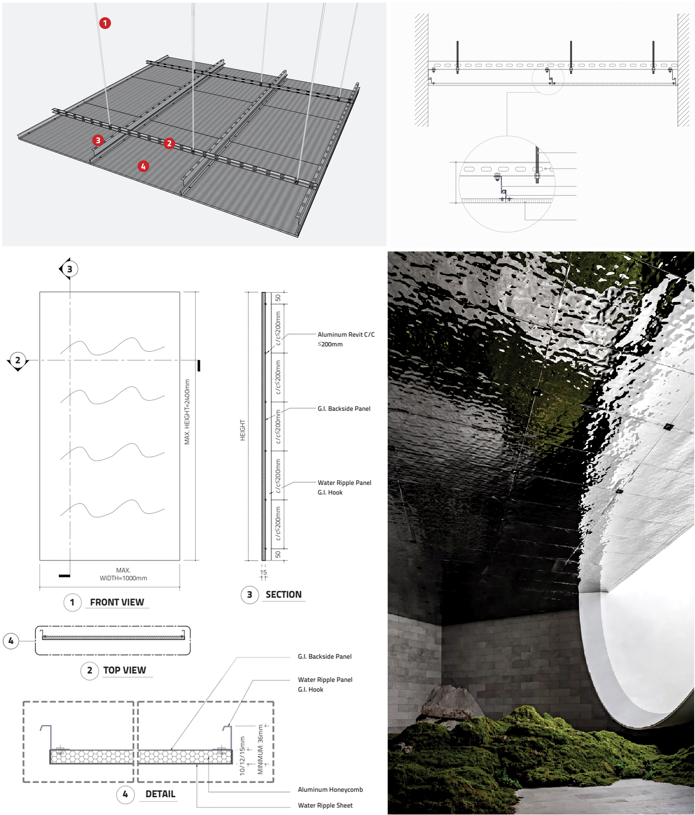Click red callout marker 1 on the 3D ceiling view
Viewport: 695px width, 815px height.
(105, 23)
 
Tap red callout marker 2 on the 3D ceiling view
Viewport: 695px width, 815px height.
(169, 143)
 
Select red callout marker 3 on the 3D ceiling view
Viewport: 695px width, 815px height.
(98, 140)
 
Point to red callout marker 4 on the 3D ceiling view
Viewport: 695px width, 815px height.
(143, 166)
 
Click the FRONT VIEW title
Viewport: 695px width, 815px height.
(117, 602)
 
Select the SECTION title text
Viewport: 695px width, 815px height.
(283, 594)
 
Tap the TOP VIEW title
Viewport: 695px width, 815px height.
(124, 670)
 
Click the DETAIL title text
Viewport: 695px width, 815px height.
(160, 794)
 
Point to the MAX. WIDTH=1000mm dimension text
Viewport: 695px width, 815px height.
(123, 574)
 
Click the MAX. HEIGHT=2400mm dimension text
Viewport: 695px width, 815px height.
(187, 412)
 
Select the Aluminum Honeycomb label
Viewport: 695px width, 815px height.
(330, 789)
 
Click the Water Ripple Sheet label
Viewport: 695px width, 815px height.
(325, 805)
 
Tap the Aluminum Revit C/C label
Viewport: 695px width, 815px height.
(346, 334)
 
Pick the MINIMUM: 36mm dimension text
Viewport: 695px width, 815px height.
(261, 749)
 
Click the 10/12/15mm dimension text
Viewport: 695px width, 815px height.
(242, 756)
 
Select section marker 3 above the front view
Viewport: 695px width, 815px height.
(70, 269)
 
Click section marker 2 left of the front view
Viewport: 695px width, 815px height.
(17, 360)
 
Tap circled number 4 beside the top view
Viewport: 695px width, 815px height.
(11, 641)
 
